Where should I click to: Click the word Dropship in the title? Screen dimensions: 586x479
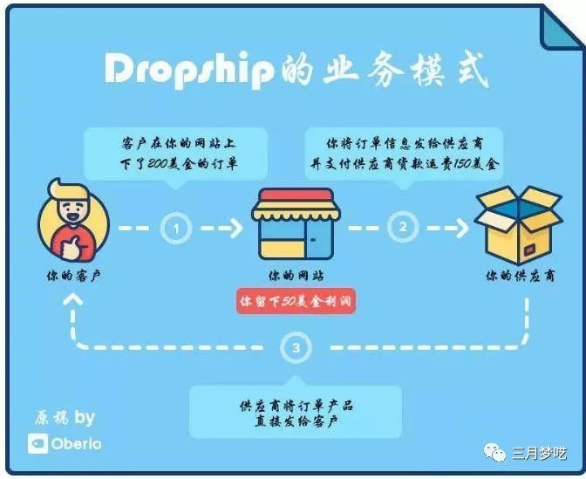click(188, 71)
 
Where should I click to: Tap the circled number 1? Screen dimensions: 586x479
click(176, 228)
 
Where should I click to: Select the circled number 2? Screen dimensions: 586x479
click(403, 227)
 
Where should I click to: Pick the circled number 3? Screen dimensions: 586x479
click(296, 348)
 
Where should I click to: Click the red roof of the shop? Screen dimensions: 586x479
click(296, 195)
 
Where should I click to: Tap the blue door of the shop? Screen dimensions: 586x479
click(319, 239)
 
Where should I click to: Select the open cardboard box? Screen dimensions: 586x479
click(519, 224)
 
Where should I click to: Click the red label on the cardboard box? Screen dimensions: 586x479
click(528, 250)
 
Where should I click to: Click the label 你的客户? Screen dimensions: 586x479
click(73, 276)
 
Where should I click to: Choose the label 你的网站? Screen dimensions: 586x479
click(296, 276)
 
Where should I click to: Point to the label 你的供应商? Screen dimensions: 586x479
click(520, 276)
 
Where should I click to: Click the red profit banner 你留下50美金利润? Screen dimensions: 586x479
click(296, 301)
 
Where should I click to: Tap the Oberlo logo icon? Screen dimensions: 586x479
click(37, 443)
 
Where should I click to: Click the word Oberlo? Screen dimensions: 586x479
click(77, 444)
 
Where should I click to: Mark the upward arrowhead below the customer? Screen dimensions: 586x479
click(73, 300)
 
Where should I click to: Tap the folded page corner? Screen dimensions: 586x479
click(561, 29)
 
